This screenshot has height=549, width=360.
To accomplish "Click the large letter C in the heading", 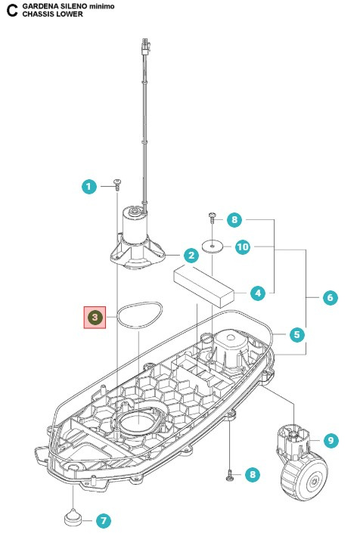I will [11, 10].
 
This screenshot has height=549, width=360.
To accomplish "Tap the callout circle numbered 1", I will [89, 185].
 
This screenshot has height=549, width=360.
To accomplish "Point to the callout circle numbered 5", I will [297, 333].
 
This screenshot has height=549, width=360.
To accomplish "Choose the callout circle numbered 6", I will [330, 297].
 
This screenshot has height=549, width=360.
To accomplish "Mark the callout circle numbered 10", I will [242, 247].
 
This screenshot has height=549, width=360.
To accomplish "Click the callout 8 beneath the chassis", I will [253, 474].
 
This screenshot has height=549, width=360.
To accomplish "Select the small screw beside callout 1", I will [118, 184].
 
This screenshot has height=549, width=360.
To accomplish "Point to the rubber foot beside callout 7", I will [73, 518].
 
